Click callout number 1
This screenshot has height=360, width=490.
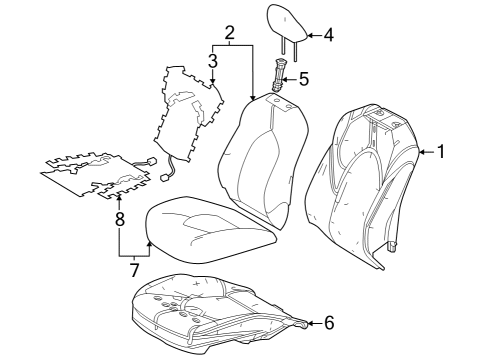click(441, 152)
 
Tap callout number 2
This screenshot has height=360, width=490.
click(229, 33)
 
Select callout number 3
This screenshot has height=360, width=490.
click(213, 61)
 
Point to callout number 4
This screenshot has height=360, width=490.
click(328, 35)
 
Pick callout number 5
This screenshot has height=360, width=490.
click(304, 79)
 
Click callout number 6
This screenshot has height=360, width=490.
click(329, 323)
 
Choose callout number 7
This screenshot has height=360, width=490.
click(134, 270)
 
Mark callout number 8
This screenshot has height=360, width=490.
click(119, 220)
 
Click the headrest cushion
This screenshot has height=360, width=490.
click(287, 23)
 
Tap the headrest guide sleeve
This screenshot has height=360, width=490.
click(278, 75)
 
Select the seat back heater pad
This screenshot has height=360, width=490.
click(188, 112)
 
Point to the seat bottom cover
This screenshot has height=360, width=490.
click(211, 229)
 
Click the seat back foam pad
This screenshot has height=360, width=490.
click(263, 160)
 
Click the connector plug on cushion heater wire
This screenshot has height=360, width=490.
click(152, 161)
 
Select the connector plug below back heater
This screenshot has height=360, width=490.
click(165, 177)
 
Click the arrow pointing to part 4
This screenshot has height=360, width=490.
click(314, 35)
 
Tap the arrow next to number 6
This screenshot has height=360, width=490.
click(315, 323)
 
